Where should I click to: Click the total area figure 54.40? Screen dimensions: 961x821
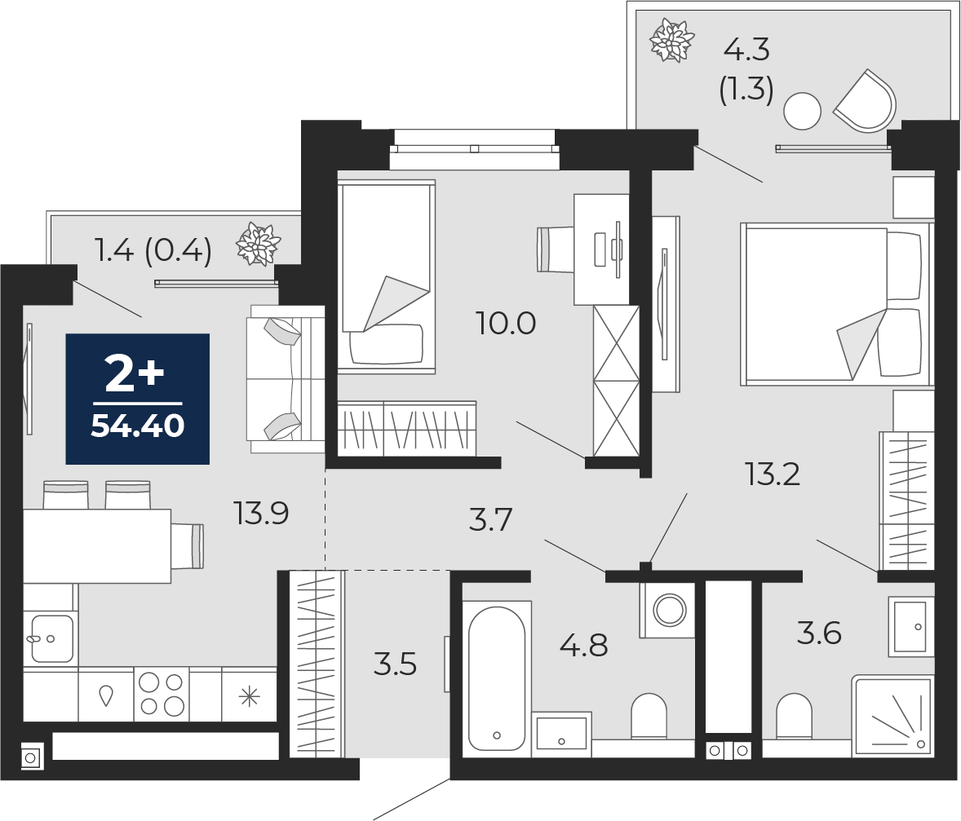(137, 426)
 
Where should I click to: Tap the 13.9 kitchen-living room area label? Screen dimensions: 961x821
(261, 514)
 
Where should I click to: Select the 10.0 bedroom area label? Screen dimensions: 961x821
(507, 323)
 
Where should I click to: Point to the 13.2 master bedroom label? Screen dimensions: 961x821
(773, 474)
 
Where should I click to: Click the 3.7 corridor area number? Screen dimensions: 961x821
(490, 520)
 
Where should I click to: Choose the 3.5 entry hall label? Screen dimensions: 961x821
(396, 664)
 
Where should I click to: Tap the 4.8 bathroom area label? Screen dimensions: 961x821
(584, 645)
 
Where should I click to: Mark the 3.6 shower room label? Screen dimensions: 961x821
(819, 633)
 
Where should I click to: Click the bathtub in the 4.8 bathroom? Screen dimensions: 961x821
(497, 679)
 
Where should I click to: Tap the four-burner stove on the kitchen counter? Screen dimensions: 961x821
(162, 694)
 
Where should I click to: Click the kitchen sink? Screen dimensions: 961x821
(51, 638)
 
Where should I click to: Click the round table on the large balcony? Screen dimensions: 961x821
(802, 111)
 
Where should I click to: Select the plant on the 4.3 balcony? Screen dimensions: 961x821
(671, 41)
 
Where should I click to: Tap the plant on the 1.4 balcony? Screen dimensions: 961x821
(258, 245)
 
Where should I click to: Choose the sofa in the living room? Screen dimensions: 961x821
(286, 378)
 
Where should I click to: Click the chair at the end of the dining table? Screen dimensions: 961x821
(188, 546)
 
